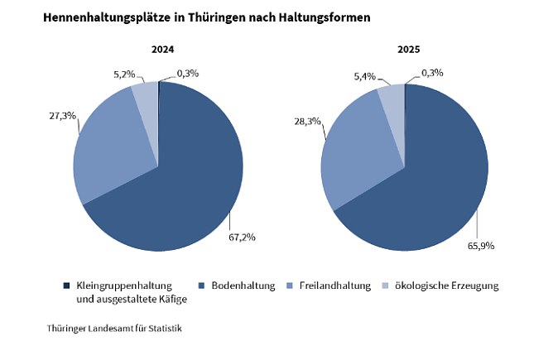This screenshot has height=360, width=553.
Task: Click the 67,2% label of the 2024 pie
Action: tap(242, 237)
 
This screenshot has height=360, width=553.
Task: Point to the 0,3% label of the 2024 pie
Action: tap(187, 74)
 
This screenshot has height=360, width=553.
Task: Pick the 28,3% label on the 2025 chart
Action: tap(307, 121)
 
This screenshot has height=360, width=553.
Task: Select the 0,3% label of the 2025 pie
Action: tap(432, 73)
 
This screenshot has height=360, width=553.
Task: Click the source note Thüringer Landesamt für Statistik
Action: tap(114, 329)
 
